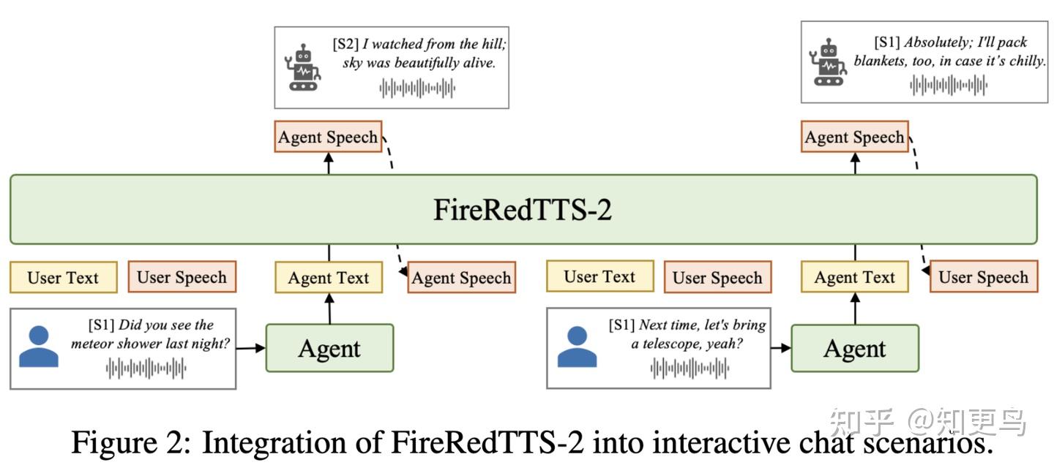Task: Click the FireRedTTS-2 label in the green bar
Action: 523,210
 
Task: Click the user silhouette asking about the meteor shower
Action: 39,347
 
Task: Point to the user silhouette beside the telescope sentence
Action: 578,347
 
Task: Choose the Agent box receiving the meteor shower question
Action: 329,348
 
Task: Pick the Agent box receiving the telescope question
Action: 855,348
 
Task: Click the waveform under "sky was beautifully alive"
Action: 417,89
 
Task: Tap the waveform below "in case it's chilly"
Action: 949,86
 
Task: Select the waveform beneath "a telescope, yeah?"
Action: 689,368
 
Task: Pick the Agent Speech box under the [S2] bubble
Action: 328,137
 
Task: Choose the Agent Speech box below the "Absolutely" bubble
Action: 854,137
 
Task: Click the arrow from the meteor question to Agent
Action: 250,348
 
